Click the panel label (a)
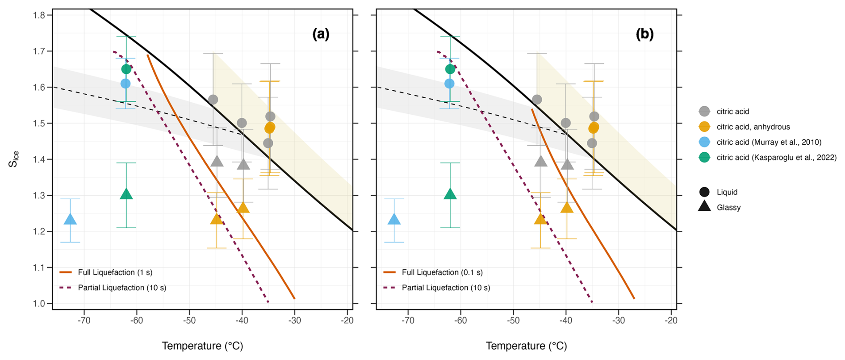[x=321, y=34]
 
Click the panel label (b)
[x=644, y=34]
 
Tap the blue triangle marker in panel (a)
[x=70, y=219]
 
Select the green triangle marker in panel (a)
[x=126, y=194]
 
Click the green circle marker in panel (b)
[x=450, y=69]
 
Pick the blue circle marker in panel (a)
[x=125, y=84]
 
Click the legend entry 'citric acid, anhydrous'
[x=753, y=127]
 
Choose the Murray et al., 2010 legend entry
[x=769, y=142]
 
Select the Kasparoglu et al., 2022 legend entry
[x=776, y=157]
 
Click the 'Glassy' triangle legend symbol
[x=704, y=206]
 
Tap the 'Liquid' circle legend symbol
[x=704, y=192]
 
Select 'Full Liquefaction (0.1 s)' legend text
[x=442, y=272]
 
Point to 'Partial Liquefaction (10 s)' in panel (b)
[x=446, y=288]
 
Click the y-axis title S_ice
[x=14, y=159]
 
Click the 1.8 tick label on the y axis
[x=39, y=15]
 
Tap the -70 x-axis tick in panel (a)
[x=84, y=321]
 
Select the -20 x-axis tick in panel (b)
[x=671, y=321]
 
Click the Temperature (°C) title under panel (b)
[x=526, y=346]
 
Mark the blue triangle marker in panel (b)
[x=394, y=219]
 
